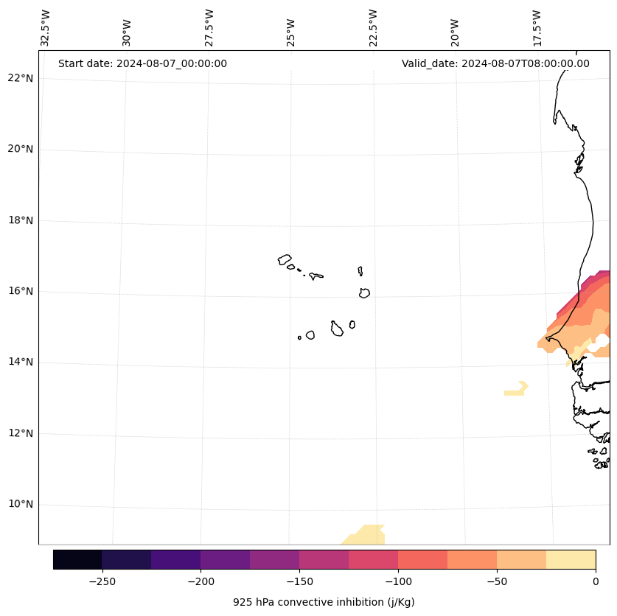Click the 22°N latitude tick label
point(20,78)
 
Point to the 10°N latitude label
point(20,504)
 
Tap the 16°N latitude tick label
point(20,291)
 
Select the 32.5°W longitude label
point(46,28)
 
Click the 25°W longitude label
point(291,32)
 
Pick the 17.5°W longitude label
point(537,28)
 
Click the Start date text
point(142,63)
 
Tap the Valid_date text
point(495,63)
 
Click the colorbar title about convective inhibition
point(324,602)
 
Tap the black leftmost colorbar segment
point(77,559)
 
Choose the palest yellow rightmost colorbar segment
point(571,559)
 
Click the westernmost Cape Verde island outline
point(285,259)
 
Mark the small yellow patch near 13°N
point(516,390)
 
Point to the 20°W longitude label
point(455,32)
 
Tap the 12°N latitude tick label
point(20,433)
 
